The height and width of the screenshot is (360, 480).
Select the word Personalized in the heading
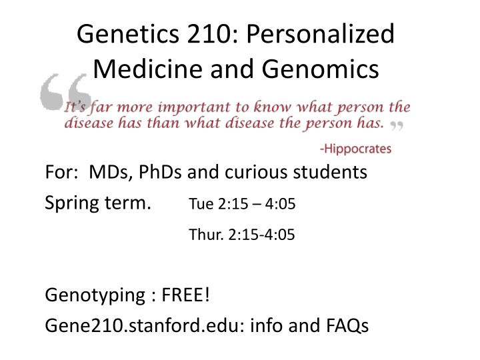point(321,34)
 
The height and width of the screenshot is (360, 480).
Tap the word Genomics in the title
point(320,69)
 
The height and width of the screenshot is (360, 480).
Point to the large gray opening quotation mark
point(65,91)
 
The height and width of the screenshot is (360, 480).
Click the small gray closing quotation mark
point(397,125)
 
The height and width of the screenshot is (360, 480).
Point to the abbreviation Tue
point(201,204)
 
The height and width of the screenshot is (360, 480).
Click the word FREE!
point(185,295)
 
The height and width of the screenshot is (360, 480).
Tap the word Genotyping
point(95,296)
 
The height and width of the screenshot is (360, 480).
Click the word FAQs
point(347,325)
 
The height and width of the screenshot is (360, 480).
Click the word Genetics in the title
point(128,34)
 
